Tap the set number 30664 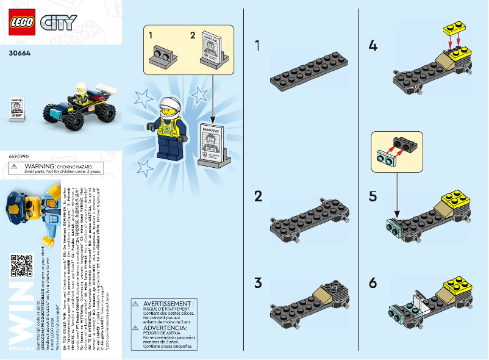(x=20, y=52)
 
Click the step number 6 (x=374, y=283)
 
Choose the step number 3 (x=259, y=283)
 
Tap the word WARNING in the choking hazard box (x=55, y=165)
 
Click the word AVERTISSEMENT (x=168, y=303)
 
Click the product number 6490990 (x=20, y=157)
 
